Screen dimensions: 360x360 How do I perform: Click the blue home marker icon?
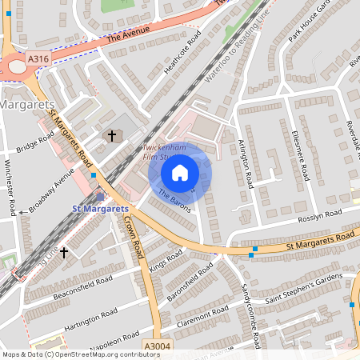click(180, 172)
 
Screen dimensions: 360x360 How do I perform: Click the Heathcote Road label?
click(182, 56)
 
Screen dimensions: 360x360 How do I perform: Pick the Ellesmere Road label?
click(301, 154)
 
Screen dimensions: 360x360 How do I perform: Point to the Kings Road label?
click(166, 261)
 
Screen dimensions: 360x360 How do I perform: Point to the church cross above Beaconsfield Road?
click(63, 252)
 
